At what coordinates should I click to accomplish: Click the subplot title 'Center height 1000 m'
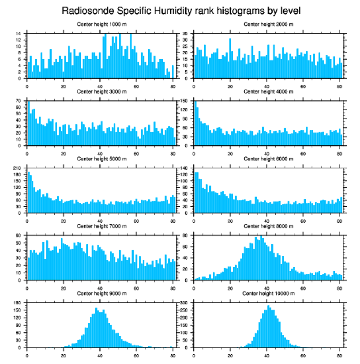[101, 24]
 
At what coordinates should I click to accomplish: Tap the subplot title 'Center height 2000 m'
[268, 24]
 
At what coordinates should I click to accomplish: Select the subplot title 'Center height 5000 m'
[101, 159]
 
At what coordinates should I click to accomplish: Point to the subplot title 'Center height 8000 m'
[268, 226]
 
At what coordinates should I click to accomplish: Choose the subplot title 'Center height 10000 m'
[268, 293]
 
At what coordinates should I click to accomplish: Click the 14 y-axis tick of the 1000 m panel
[19, 34]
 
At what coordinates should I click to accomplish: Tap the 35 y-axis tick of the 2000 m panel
[185, 34]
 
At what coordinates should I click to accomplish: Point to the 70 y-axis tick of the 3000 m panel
[19, 101]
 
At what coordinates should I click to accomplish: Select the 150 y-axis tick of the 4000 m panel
[184, 101]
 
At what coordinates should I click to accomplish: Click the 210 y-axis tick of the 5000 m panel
[18, 168]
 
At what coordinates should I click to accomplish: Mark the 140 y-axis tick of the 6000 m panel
[184, 168]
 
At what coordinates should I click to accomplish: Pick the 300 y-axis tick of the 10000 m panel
[184, 303]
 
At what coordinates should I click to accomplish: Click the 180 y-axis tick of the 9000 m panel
[18, 303]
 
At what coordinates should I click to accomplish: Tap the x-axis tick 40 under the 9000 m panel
[100, 354]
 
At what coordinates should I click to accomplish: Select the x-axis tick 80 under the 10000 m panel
[339, 354]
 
